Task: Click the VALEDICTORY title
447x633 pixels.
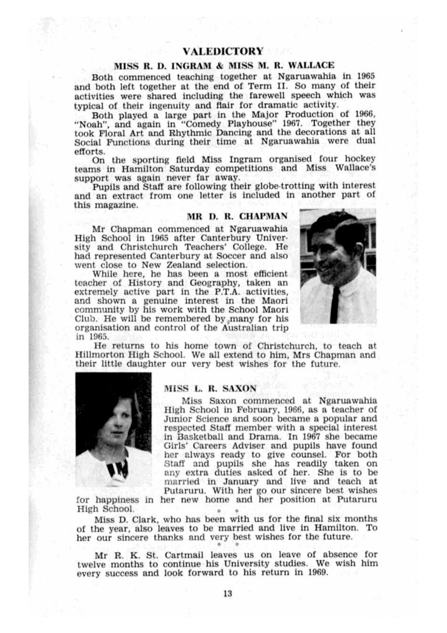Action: [223, 51]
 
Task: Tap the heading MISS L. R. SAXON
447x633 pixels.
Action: [210, 389]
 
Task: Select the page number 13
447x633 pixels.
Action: [227, 594]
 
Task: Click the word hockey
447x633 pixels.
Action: [360, 159]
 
